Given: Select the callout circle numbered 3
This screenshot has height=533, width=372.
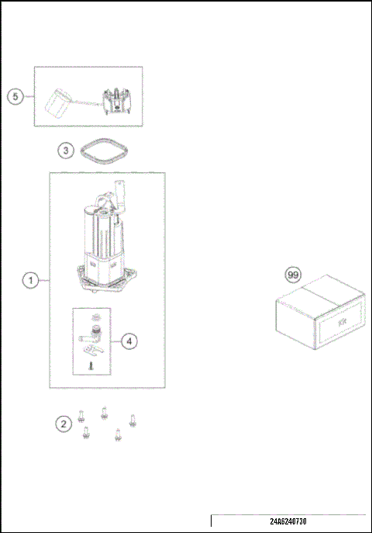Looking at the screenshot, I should click(67, 151).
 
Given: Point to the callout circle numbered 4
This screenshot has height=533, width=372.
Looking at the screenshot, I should click(129, 340).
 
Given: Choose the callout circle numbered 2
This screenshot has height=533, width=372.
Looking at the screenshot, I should click(64, 424).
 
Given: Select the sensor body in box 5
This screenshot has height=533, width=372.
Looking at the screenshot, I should click(116, 99).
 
